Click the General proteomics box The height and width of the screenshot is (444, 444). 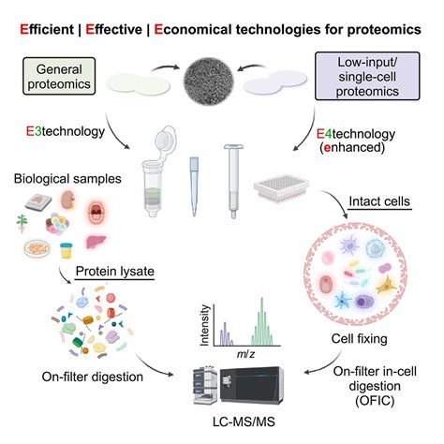tap(59, 76)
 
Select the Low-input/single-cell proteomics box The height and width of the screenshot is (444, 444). tap(367, 76)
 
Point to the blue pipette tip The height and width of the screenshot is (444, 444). tap(194, 186)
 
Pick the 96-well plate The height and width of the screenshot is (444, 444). tap(281, 188)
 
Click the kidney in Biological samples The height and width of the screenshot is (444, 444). tap(67, 200)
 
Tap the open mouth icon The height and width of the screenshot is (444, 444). tap(96, 213)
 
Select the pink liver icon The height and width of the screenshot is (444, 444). tap(96, 242)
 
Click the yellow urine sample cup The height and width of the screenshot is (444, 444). tap(67, 251)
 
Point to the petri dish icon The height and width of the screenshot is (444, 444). tap(37, 248)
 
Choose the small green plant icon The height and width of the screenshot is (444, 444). tap(22, 224)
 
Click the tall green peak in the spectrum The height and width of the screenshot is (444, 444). tap(261, 321)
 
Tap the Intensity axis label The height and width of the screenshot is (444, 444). tap(204, 325)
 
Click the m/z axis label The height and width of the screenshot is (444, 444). tap(245, 354)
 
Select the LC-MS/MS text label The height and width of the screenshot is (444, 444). tap(244, 422)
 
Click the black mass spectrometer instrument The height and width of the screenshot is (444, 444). tap(252, 386)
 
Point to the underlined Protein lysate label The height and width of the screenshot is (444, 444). tap(115, 272)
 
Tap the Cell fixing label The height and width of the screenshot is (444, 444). tap(359, 339)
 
